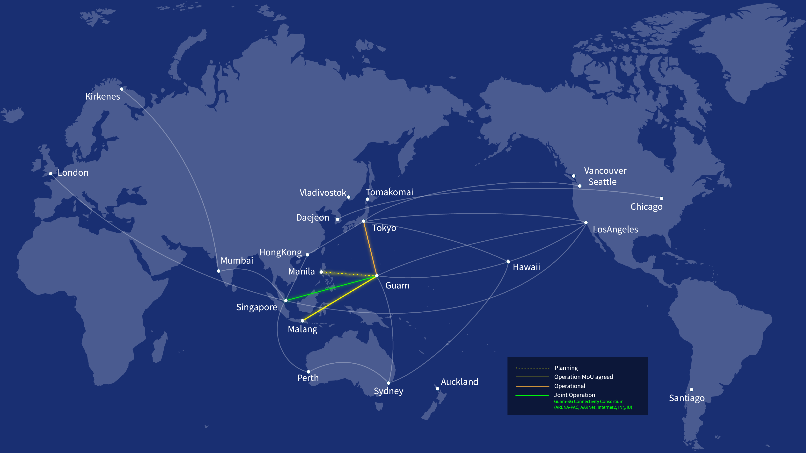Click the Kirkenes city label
point(103,97)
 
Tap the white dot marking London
point(51,173)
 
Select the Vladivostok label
point(322,193)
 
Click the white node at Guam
point(377,276)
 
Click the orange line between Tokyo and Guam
point(370,249)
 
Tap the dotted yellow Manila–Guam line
point(349,274)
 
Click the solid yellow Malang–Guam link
point(339,298)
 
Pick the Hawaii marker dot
point(508,262)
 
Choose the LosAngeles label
point(615,230)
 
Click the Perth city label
point(308,378)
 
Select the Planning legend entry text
point(566,368)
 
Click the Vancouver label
point(605,171)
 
